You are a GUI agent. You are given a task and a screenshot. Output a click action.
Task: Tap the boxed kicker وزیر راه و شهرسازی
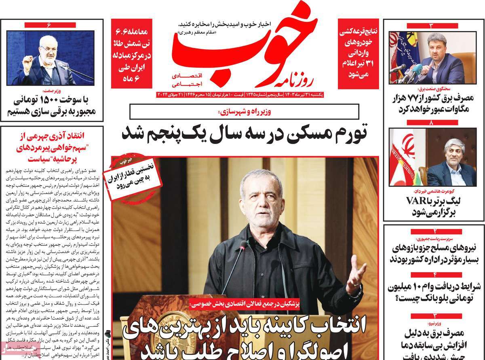(x=244, y=112)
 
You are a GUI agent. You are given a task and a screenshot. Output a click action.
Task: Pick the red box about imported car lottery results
(x=358, y=54)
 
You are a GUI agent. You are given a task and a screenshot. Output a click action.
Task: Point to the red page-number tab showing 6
(x=48, y=25)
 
